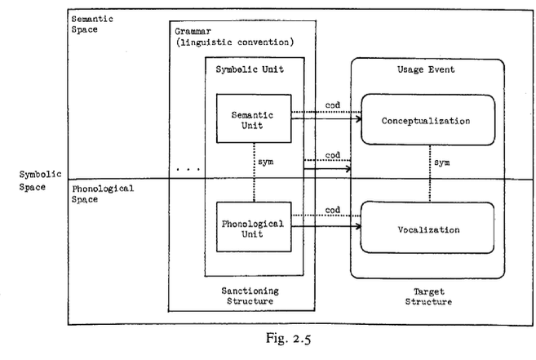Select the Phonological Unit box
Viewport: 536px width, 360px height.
[x=254, y=229]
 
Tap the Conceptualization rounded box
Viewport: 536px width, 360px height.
[x=426, y=121]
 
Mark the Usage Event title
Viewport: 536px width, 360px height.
[x=425, y=70]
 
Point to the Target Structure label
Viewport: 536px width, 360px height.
[x=424, y=295]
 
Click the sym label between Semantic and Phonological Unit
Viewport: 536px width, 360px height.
[x=265, y=163]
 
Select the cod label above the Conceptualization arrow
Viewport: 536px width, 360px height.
[x=332, y=104]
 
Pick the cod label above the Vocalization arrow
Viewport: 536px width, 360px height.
[x=332, y=209]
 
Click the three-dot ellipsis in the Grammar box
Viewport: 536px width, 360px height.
[x=187, y=169]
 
